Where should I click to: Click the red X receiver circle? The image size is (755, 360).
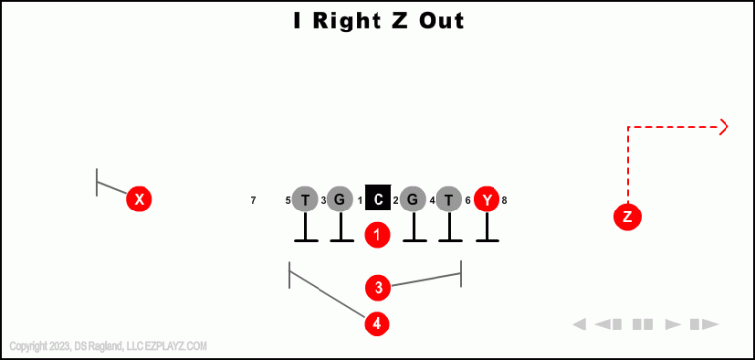pyautogui.click(x=140, y=200)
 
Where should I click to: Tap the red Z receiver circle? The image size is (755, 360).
pyautogui.click(x=627, y=216)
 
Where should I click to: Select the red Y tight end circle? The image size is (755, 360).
pyautogui.click(x=487, y=200)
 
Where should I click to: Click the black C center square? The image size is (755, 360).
pyautogui.click(x=378, y=200)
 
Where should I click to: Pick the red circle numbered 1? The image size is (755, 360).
pyautogui.click(x=377, y=235)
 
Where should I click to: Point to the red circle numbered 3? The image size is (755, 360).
pyautogui.click(x=377, y=288)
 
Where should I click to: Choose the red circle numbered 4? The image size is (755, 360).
pyautogui.click(x=377, y=323)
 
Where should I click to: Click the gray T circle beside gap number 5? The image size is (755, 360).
pyautogui.click(x=305, y=200)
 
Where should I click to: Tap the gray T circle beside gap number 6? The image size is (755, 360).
pyautogui.click(x=449, y=200)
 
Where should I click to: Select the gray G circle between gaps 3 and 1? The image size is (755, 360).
pyautogui.click(x=340, y=200)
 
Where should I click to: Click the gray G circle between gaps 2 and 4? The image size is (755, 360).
pyautogui.click(x=414, y=200)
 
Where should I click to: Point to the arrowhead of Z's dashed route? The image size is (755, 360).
pyautogui.click(x=725, y=126)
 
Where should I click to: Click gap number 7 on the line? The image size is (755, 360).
pyautogui.click(x=253, y=201)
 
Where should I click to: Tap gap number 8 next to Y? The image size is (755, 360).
pyautogui.click(x=504, y=201)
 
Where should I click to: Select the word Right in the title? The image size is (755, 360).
pyautogui.click(x=344, y=20)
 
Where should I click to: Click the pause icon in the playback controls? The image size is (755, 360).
pyautogui.click(x=643, y=324)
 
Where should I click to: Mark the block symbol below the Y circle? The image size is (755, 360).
pyautogui.click(x=487, y=231)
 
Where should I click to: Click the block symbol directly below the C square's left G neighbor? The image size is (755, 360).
pyautogui.click(x=340, y=231)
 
